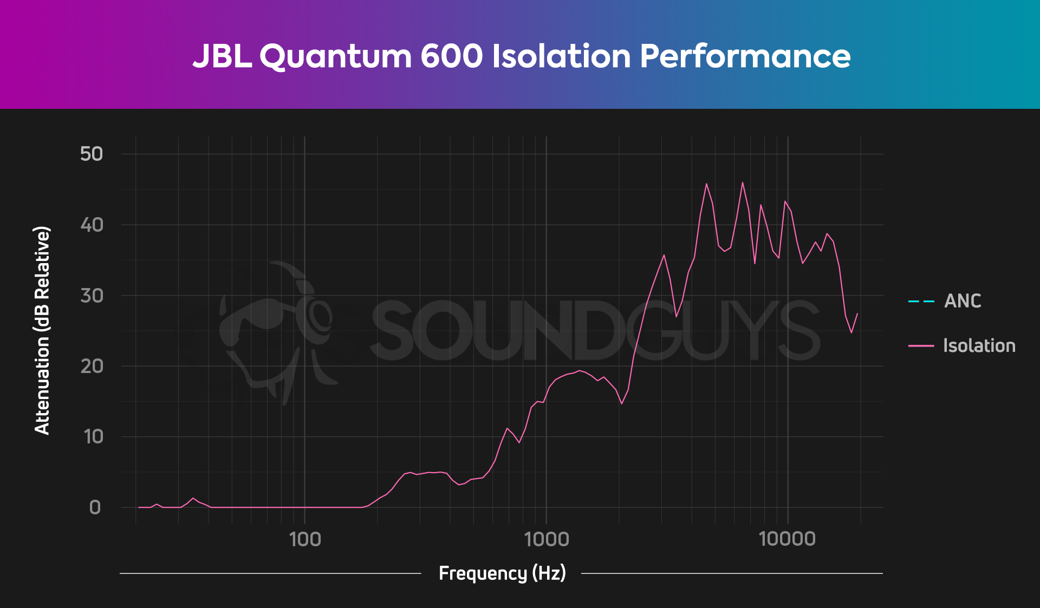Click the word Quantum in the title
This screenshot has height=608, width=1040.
[x=335, y=57]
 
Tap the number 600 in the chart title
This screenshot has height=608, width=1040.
[x=451, y=56]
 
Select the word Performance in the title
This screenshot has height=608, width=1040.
[x=745, y=57]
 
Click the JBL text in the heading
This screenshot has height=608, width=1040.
[x=222, y=56]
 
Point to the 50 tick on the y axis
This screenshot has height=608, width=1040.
[x=91, y=154]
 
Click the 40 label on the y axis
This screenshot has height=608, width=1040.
[x=91, y=225]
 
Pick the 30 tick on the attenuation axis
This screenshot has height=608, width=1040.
[x=91, y=296]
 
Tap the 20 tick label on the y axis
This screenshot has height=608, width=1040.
[x=91, y=366]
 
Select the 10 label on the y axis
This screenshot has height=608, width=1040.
[x=93, y=437]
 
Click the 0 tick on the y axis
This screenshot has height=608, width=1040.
[x=95, y=507]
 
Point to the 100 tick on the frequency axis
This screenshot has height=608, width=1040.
[x=305, y=539]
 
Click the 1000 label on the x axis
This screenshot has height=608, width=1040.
[x=547, y=539]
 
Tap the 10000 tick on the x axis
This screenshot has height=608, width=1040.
[x=788, y=539]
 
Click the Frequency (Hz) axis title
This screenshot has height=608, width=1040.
[x=502, y=573]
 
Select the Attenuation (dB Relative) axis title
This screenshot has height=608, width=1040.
[x=42, y=330]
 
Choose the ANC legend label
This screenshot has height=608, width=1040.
[x=963, y=301]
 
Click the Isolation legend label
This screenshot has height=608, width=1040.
[x=979, y=345]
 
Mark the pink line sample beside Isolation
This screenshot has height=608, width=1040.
[x=921, y=345]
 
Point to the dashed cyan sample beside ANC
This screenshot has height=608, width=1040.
[x=921, y=301]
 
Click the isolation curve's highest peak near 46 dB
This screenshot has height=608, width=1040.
[x=742, y=182]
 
